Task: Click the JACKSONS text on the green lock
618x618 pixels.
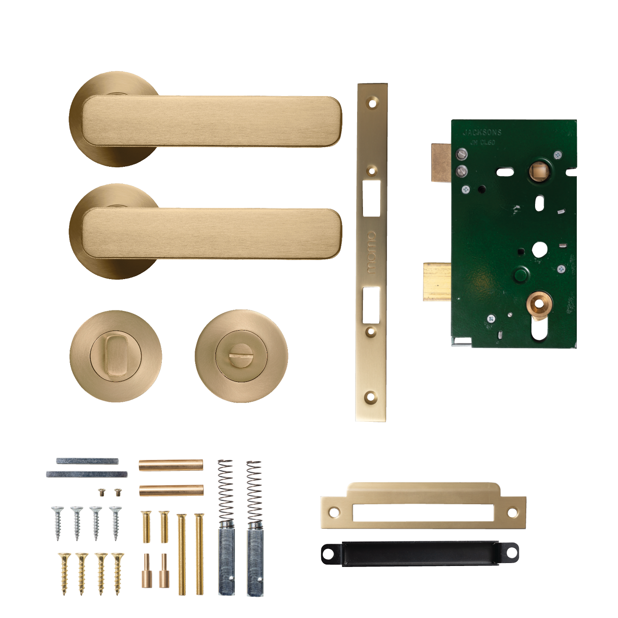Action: click(482, 132)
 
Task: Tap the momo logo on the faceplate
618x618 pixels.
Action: click(371, 253)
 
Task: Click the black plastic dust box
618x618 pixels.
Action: click(420, 553)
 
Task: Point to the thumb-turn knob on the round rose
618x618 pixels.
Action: click(116, 356)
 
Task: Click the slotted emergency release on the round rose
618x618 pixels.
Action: click(241, 352)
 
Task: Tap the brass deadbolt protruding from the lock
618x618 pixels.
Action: click(437, 281)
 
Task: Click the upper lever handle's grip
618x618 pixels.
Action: click(211, 121)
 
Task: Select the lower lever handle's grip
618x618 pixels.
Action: click(211, 233)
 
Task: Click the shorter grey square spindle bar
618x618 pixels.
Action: click(87, 461)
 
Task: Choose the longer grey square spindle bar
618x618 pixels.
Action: click(87, 474)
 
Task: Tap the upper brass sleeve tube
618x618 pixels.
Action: click(171, 464)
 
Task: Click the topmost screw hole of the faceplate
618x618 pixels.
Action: click(372, 103)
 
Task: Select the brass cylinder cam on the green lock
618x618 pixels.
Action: click(539, 304)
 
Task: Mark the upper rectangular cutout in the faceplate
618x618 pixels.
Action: click(371, 198)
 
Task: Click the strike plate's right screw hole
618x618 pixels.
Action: click(512, 513)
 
